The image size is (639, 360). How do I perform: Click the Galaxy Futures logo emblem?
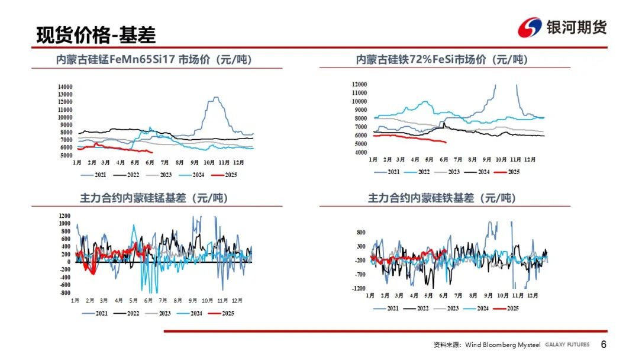(x=530, y=27)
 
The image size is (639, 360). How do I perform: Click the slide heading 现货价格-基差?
(x=96, y=35)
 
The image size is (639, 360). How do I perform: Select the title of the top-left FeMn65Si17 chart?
(x=154, y=60)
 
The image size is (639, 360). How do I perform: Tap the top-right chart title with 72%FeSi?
(x=442, y=60)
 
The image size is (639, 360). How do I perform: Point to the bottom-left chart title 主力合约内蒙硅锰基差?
(x=154, y=198)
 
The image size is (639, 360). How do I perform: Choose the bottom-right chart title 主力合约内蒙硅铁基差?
(x=442, y=198)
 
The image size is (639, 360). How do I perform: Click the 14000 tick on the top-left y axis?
(x=65, y=87)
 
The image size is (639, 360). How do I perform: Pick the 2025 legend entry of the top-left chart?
(x=224, y=175)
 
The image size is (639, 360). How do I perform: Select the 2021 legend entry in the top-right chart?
(x=387, y=172)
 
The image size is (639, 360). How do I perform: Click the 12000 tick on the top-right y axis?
(x=360, y=85)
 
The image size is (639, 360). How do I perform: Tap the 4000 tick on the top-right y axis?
(x=361, y=153)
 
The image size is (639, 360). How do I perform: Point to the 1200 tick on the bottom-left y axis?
(x=65, y=216)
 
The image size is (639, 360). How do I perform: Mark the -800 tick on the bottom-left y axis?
(x=65, y=292)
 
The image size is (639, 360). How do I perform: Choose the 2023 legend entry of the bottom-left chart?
(x=158, y=314)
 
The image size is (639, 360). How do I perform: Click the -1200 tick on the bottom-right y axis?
(x=359, y=288)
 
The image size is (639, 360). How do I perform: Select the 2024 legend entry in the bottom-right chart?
(x=476, y=308)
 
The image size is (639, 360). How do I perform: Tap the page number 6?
(x=603, y=345)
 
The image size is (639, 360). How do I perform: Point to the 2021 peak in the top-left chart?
(x=216, y=98)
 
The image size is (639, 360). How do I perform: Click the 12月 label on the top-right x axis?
(x=530, y=159)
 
